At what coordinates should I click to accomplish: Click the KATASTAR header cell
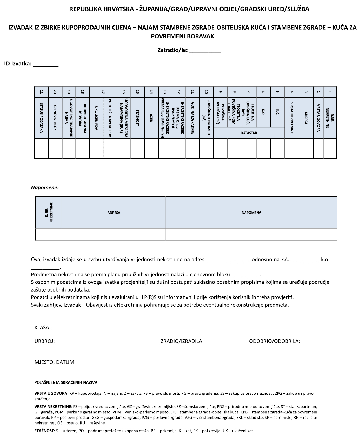pyautogui.click(x=249, y=133)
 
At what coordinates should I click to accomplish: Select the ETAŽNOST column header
pyautogui.click(x=138, y=118)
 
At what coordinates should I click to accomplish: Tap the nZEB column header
pyautogui.click(x=151, y=118)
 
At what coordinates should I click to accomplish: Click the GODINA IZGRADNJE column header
pyautogui.click(x=193, y=118)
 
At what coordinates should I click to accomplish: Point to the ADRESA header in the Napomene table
pyautogui.click(x=114, y=213)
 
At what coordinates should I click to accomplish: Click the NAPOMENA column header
pyautogui.click(x=251, y=213)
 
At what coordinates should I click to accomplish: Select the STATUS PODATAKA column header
pyautogui.click(x=41, y=118)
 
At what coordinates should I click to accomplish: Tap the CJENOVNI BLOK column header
pyautogui.click(x=55, y=118)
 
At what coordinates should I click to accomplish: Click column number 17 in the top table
pyautogui.click(x=103, y=92)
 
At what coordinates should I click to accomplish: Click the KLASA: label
pyautogui.click(x=42, y=327)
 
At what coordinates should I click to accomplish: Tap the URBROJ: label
pyautogui.click(x=44, y=341)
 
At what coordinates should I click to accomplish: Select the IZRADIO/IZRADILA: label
pyautogui.click(x=181, y=341)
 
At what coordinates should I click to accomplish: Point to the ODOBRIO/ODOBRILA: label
pyautogui.click(x=275, y=341)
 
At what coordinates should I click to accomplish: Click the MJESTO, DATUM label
pyautogui.click(x=54, y=362)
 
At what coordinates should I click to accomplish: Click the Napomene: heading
pyautogui.click(x=45, y=187)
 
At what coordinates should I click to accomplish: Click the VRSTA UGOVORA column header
pyautogui.click(x=318, y=118)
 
